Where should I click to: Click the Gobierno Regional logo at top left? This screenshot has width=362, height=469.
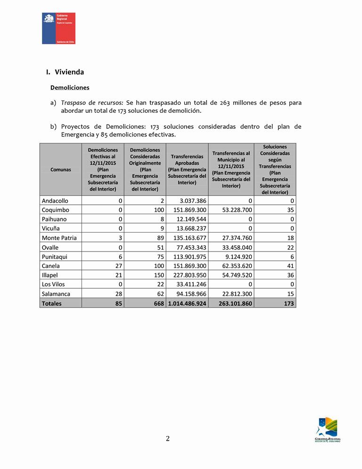point(58,28)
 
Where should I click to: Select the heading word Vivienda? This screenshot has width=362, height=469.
point(69,72)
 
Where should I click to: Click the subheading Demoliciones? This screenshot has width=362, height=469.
point(70,88)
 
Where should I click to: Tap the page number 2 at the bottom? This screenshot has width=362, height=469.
point(168,438)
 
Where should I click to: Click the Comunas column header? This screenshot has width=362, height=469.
point(61,169)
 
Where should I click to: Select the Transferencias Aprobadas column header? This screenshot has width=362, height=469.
point(187,169)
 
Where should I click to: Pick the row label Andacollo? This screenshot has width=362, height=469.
point(55,201)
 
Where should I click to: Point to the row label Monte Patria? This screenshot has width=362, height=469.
point(59,238)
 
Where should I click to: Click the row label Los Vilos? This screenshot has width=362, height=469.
point(53,285)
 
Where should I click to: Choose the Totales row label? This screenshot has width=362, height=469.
point(52,303)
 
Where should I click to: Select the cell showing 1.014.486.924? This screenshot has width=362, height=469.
point(188,303)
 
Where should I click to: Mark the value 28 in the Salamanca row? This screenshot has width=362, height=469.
point(118,294)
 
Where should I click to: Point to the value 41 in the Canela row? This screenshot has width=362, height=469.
point(291,266)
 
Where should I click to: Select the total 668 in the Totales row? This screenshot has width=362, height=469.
point(158,303)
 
